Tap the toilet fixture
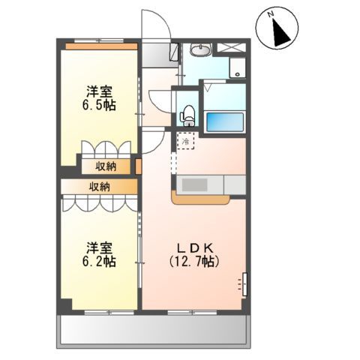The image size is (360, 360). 187,113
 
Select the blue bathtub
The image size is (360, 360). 224,120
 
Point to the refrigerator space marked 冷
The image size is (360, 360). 184,140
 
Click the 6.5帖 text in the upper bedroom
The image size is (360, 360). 99,106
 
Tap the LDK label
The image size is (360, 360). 196,247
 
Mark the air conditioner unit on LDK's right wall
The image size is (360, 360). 244,284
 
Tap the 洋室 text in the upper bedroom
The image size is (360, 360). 99,92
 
